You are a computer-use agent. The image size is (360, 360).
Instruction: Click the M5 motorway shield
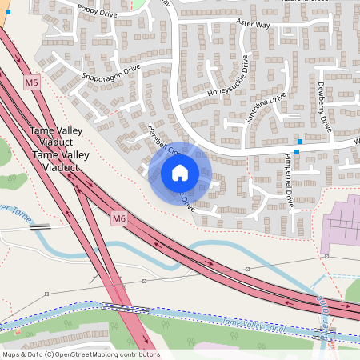[x=32, y=82]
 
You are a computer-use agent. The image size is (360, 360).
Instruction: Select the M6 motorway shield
[x=119, y=218]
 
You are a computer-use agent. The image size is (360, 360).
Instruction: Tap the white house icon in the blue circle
[x=180, y=172]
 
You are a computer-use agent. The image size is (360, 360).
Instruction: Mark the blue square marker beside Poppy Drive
[x=8, y=13]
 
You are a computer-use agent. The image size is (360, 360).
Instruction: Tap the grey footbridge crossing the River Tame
[x=40, y=226]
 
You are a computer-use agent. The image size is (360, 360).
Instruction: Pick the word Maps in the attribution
[x=12, y=354]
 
